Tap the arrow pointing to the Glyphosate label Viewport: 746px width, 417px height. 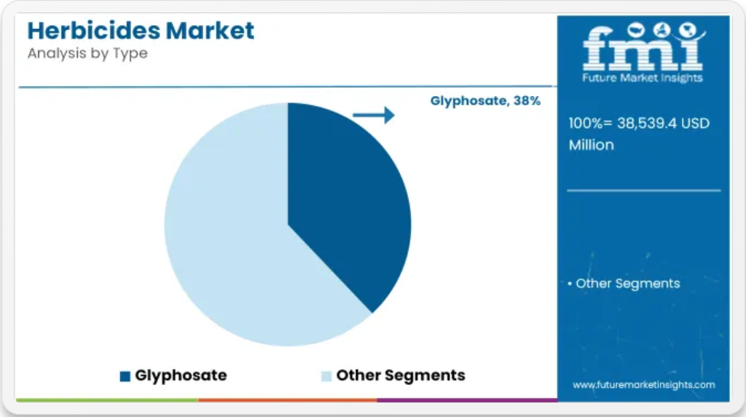[x=374, y=115]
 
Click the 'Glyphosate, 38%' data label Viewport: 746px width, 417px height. [x=485, y=101]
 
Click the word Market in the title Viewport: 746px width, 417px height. [x=210, y=30]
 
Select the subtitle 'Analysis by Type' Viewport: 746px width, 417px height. [x=88, y=53]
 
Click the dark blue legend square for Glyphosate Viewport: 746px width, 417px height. [x=125, y=376]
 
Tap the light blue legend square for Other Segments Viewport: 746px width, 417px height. [x=326, y=376]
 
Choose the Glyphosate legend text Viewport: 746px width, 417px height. [x=181, y=375]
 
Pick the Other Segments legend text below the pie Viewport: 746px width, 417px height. [x=400, y=375]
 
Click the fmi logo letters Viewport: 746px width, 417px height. [x=643, y=47]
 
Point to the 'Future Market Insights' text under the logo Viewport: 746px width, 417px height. [x=642, y=78]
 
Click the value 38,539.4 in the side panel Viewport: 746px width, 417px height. [x=647, y=123]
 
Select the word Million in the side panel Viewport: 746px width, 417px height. [x=591, y=145]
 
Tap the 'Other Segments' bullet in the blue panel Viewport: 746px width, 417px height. [x=624, y=284]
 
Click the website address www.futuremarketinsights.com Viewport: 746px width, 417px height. [x=644, y=385]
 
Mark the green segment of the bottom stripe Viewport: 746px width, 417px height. [x=107, y=400]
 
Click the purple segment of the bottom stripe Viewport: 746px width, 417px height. [x=467, y=400]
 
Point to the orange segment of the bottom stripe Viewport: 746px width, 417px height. [x=288, y=400]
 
